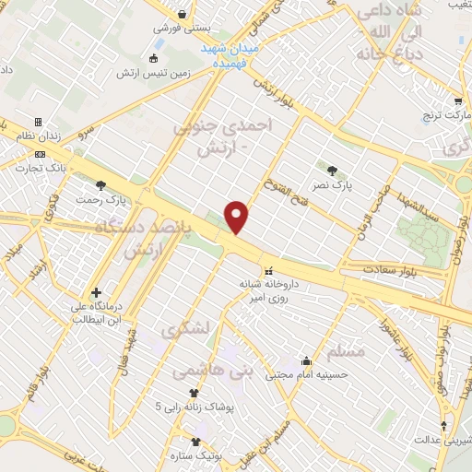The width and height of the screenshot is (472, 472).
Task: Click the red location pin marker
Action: [238, 217]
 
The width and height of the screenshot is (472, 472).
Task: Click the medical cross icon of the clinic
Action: [96, 292]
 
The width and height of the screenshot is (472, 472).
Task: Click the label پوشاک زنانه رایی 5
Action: [195, 406]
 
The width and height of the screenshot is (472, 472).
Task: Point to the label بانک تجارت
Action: [32, 167]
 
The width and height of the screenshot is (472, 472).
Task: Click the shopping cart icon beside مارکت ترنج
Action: [458, 102]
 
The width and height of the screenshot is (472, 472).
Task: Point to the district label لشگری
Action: [188, 328]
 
